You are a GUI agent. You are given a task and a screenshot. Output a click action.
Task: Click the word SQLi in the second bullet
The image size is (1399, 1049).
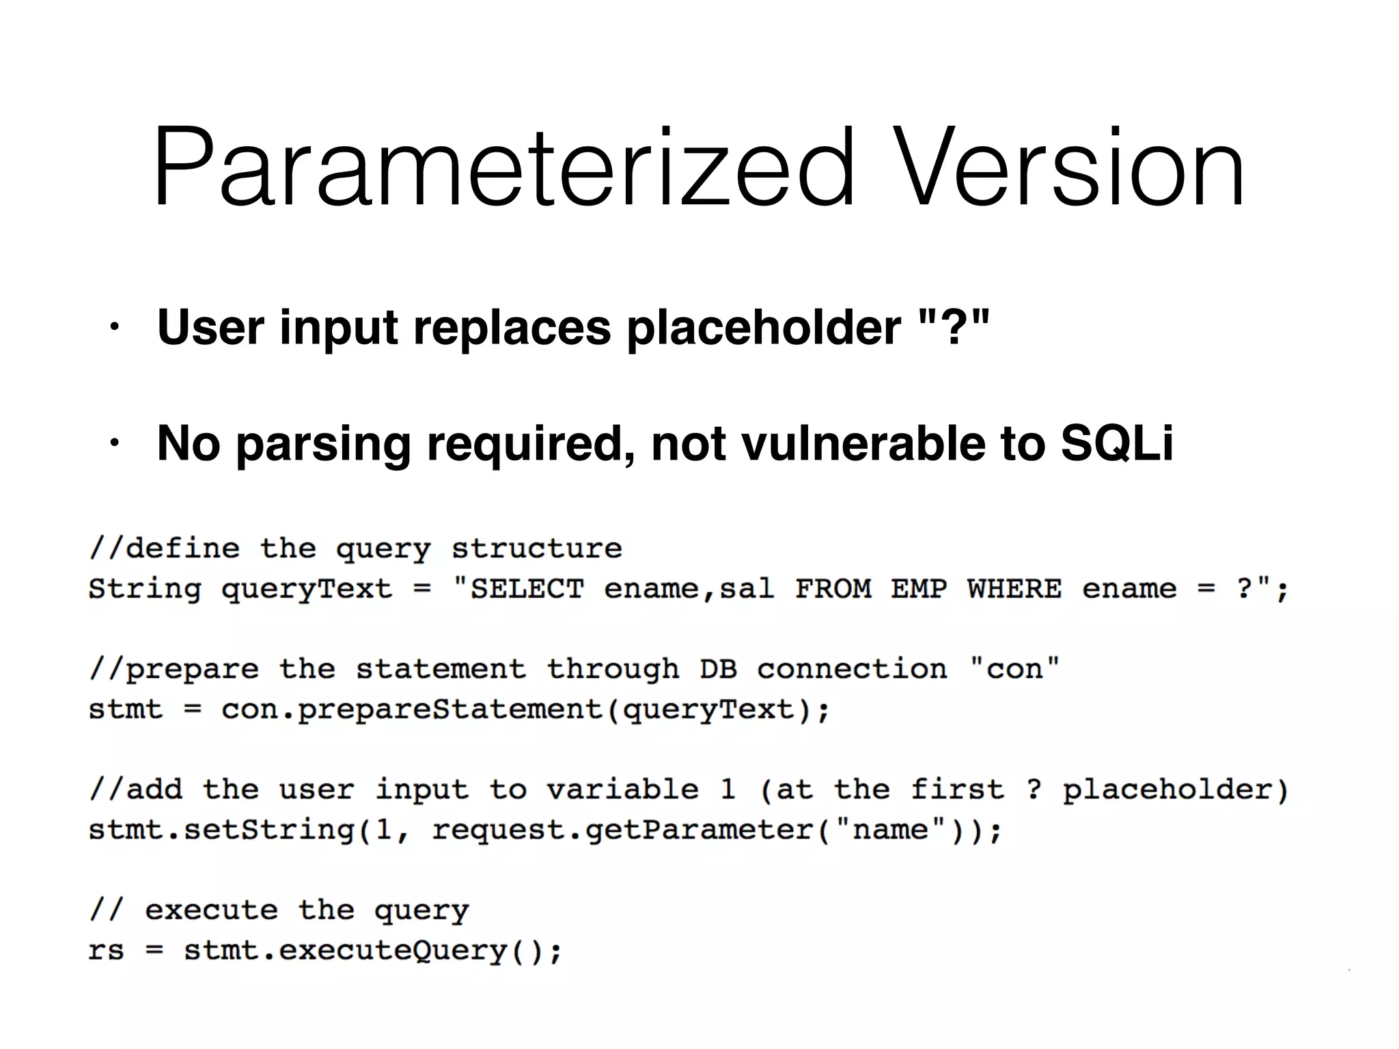click(x=1116, y=443)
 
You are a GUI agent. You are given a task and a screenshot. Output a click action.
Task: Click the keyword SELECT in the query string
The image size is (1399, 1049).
click(x=527, y=589)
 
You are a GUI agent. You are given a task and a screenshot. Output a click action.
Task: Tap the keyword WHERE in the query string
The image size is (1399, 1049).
click(x=1014, y=589)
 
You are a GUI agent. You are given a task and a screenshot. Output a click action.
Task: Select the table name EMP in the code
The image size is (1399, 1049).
click(x=919, y=589)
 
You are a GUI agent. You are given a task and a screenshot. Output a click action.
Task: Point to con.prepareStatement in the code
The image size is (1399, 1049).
click(x=411, y=710)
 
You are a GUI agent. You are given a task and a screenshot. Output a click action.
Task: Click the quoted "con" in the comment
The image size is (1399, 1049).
click(x=1014, y=669)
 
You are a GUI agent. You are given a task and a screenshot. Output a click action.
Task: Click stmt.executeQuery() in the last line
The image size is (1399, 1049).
click(x=372, y=951)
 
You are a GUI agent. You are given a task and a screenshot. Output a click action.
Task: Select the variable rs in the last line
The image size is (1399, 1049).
click(x=106, y=951)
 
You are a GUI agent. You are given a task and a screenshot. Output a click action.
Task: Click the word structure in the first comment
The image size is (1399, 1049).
click(x=537, y=548)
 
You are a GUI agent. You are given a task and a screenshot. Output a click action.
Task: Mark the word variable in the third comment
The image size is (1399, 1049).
click(x=622, y=790)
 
